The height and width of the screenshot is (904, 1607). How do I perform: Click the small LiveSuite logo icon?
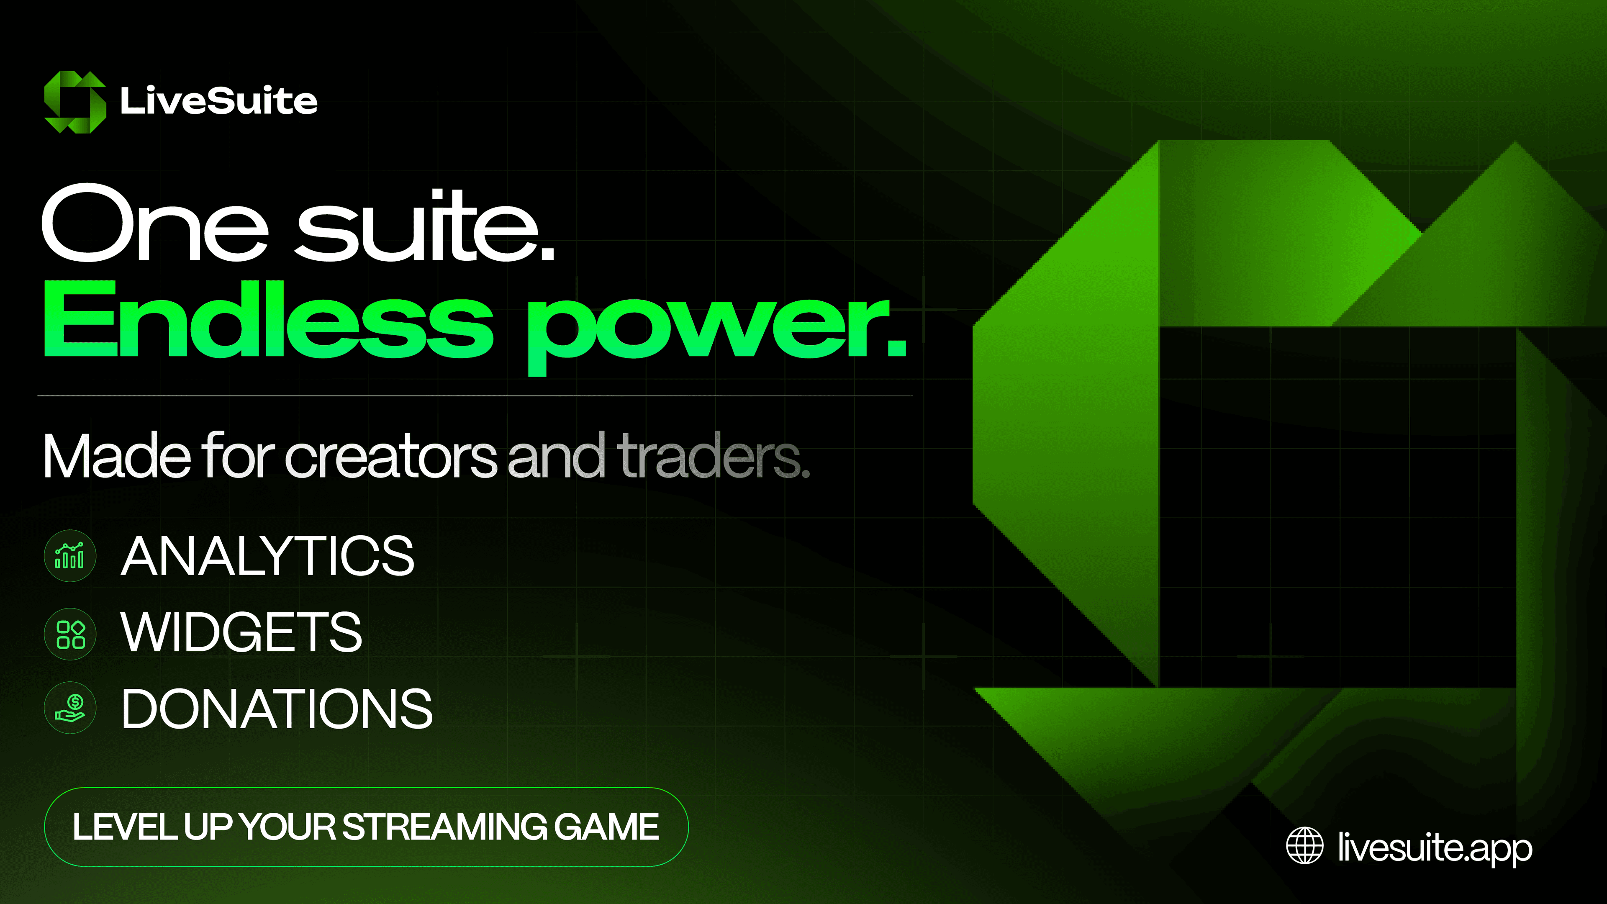[75, 102]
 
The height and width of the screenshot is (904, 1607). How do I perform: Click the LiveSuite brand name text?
[219, 100]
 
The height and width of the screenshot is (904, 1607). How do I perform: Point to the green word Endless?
[268, 319]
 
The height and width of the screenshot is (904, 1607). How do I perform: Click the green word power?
[717, 330]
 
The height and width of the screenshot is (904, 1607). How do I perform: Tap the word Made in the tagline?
[117, 455]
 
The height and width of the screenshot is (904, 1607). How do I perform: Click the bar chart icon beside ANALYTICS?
[70, 556]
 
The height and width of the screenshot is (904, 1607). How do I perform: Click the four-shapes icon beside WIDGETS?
[70, 634]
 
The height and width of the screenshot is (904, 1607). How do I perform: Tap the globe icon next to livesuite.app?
[1304, 845]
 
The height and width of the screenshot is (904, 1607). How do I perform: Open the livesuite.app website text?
[1435, 848]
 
